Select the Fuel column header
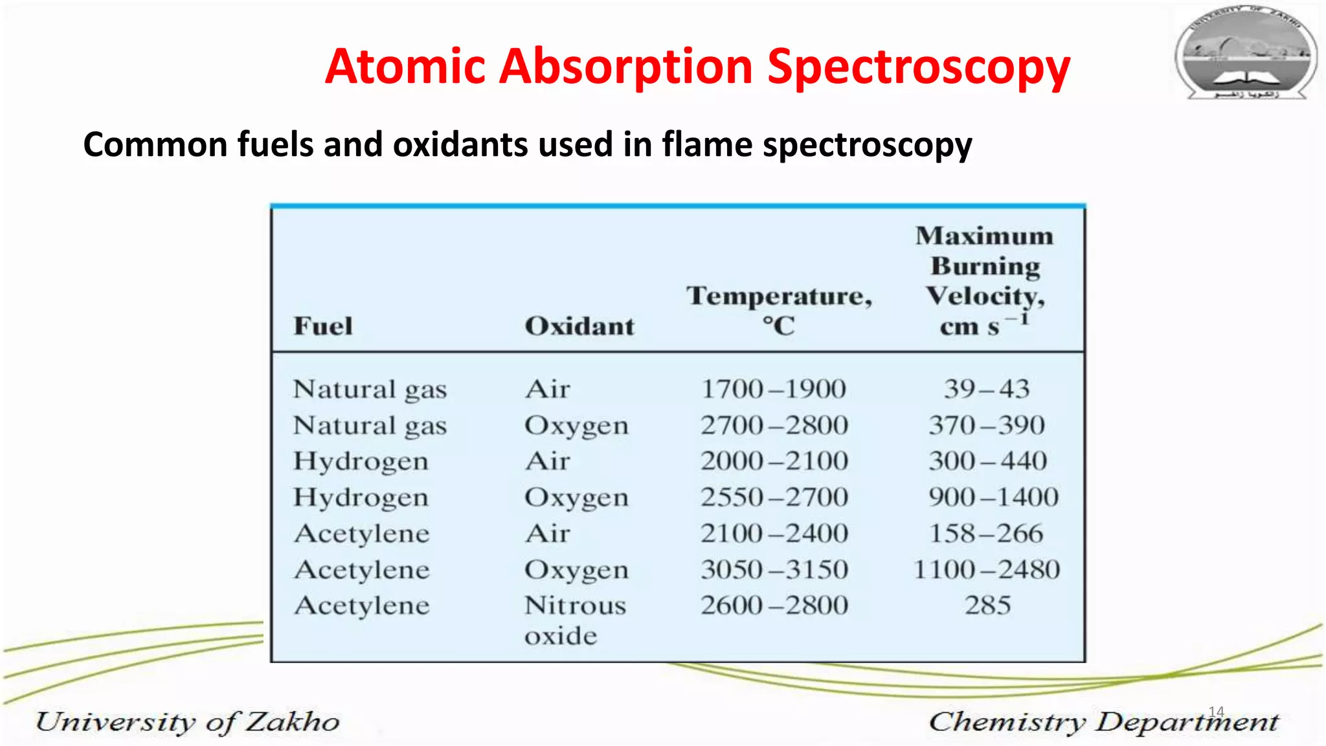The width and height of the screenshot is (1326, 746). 323,326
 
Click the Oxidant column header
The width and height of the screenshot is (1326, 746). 579,326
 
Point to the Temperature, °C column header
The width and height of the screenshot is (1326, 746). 779,310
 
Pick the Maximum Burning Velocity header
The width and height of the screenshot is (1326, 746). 985,280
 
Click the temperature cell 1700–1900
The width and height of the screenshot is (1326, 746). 774,389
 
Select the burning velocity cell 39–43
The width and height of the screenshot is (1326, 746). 986,389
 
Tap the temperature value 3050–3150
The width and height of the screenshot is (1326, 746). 774,570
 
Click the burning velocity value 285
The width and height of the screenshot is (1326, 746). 987,605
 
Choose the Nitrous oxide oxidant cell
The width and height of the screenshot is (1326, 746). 575,620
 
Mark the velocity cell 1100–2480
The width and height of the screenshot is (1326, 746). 986,570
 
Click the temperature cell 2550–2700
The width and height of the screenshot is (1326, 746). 774,497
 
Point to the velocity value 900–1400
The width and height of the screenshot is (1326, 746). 993,497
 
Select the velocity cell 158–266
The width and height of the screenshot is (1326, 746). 986,534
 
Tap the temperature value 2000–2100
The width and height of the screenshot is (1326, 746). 774,461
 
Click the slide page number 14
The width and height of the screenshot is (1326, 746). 1216,712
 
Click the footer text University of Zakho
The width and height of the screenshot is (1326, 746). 188,722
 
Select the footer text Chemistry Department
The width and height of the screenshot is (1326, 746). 1104,722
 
